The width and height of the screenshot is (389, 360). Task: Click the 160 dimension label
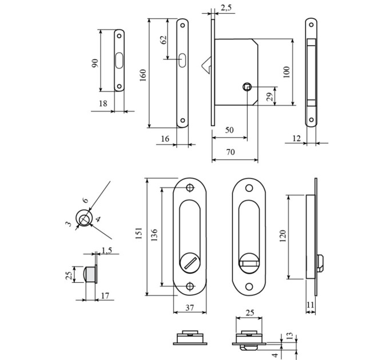click(x=143, y=75)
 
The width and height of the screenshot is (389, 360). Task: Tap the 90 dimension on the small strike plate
click(x=96, y=63)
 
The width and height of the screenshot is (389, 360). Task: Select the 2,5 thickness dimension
click(x=226, y=7)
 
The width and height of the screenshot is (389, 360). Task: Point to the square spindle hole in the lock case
click(x=247, y=87)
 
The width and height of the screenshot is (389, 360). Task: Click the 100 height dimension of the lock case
click(x=286, y=72)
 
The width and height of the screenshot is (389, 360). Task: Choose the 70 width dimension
click(x=231, y=151)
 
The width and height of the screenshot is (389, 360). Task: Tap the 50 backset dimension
click(x=229, y=130)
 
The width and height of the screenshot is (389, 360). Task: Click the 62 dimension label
click(x=164, y=39)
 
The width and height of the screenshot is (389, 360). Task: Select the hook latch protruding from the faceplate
click(x=207, y=65)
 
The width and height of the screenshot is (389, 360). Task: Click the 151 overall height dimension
click(x=139, y=233)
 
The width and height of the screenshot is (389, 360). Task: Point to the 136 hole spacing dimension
click(x=154, y=235)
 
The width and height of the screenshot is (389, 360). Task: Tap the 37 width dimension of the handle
click(x=189, y=308)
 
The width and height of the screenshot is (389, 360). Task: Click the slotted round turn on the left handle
click(x=190, y=262)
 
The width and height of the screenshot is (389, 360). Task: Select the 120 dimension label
click(x=283, y=236)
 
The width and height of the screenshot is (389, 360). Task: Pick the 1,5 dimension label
click(x=106, y=250)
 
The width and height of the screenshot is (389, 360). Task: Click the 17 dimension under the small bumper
click(x=105, y=295)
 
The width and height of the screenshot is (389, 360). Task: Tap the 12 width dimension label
click(x=296, y=138)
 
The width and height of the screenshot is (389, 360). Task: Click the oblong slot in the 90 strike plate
click(x=119, y=60)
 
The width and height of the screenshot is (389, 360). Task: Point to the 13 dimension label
click(x=290, y=336)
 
